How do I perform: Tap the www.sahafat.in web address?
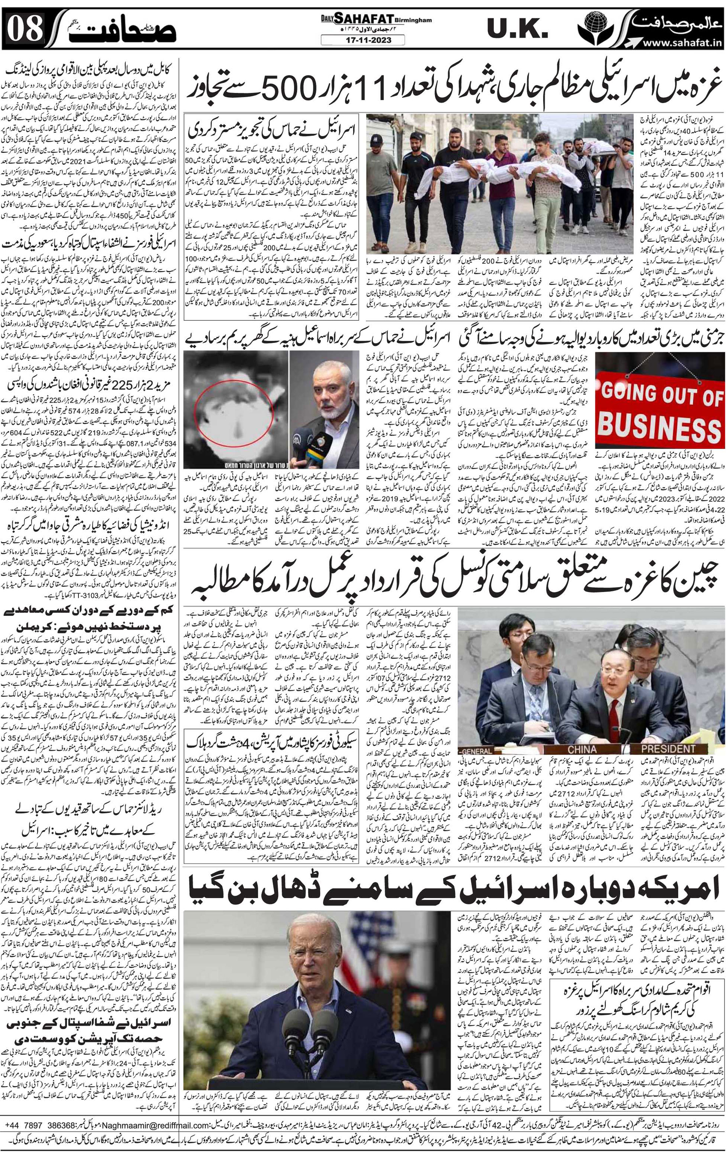coord(681,43)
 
